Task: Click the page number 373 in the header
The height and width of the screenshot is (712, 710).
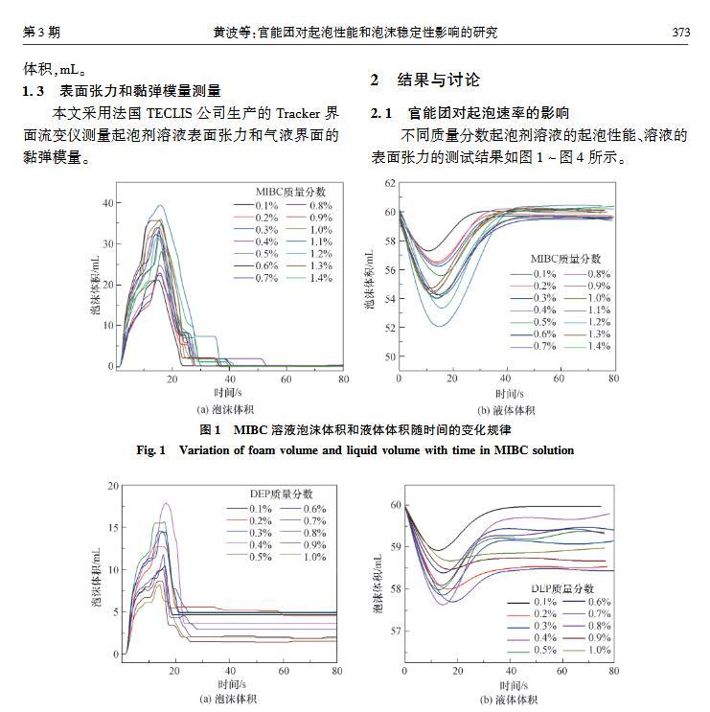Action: click(x=680, y=33)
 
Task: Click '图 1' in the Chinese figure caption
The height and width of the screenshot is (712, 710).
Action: click(x=211, y=429)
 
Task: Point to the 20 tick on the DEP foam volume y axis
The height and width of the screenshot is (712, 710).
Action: click(x=112, y=486)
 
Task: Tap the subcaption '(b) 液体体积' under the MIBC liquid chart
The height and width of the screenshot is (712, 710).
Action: click(x=506, y=409)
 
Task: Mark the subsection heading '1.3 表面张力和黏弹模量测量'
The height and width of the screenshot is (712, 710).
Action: click(x=123, y=91)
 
